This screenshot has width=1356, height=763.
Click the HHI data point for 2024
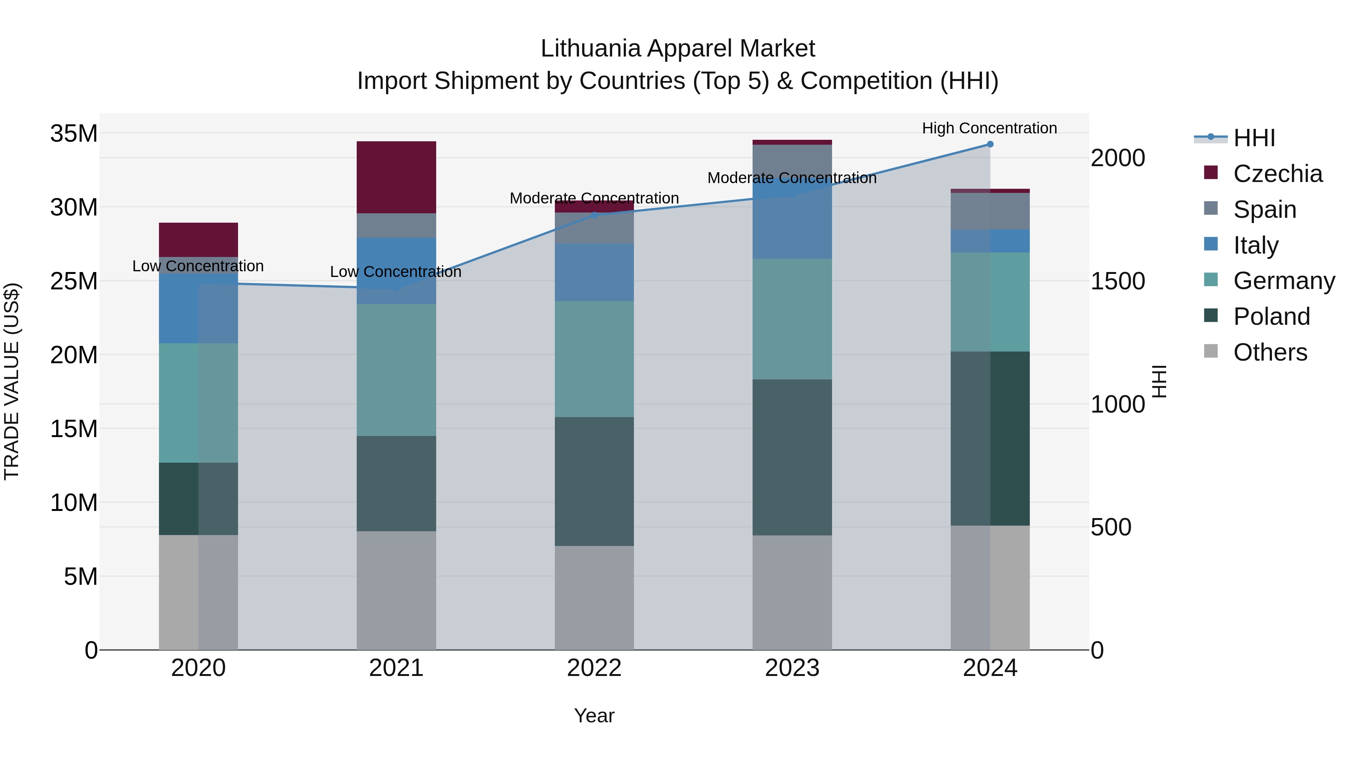tap(990, 144)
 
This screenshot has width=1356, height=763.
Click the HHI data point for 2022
tap(594, 215)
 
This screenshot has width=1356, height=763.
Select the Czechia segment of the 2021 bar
tap(396, 177)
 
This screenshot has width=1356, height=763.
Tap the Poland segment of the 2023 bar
tap(792, 457)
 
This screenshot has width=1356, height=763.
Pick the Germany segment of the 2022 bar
tap(594, 359)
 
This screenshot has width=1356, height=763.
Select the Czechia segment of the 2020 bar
tap(199, 240)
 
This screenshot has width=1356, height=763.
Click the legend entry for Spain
tap(1264, 209)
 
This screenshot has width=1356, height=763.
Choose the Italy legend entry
tap(1255, 245)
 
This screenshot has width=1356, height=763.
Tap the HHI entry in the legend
tap(1254, 138)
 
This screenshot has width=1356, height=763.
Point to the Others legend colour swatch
tap(1211, 351)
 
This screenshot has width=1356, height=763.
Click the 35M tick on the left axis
tap(74, 134)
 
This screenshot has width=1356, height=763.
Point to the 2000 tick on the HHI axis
tap(1118, 158)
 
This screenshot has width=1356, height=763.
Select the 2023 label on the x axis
tap(792, 668)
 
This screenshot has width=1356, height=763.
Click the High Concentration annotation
tap(989, 128)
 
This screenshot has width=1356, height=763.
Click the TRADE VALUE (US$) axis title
tap(12, 381)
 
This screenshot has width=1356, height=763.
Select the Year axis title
tap(594, 716)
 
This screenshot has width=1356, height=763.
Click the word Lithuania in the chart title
tap(591, 49)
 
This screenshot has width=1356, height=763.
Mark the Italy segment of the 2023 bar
tap(792, 221)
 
